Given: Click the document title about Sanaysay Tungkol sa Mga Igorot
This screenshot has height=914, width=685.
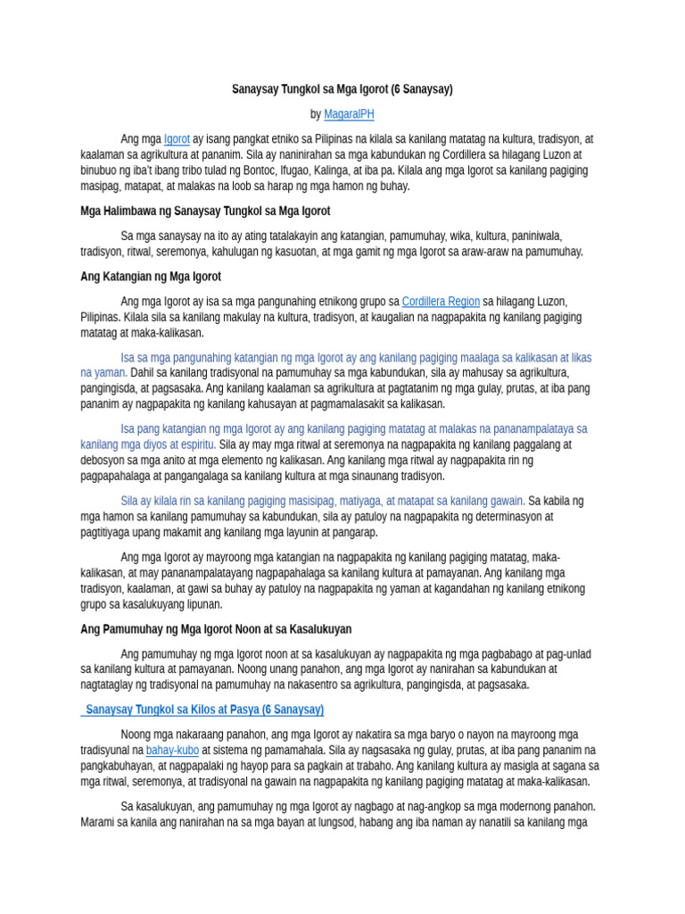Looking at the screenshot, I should click(x=342, y=89).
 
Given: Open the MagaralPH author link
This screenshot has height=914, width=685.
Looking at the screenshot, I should click(x=349, y=114).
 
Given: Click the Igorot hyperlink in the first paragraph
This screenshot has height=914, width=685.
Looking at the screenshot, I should click(x=177, y=139).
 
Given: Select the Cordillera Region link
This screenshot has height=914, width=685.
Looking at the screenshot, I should click(x=441, y=302).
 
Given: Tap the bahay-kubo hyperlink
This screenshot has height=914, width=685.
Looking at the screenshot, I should click(x=172, y=751).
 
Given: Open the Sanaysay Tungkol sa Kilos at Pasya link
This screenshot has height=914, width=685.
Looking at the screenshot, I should click(x=204, y=710).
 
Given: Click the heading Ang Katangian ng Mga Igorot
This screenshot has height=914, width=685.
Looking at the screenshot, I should click(x=151, y=277).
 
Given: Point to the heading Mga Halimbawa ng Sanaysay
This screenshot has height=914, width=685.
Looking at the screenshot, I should click(x=205, y=212).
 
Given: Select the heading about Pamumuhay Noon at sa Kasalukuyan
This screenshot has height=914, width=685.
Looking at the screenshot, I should click(x=216, y=629).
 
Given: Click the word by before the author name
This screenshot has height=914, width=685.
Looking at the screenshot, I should click(x=315, y=114).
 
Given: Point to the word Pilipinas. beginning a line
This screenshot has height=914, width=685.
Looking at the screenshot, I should click(x=103, y=318).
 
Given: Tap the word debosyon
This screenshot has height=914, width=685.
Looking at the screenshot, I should click(x=107, y=461).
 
